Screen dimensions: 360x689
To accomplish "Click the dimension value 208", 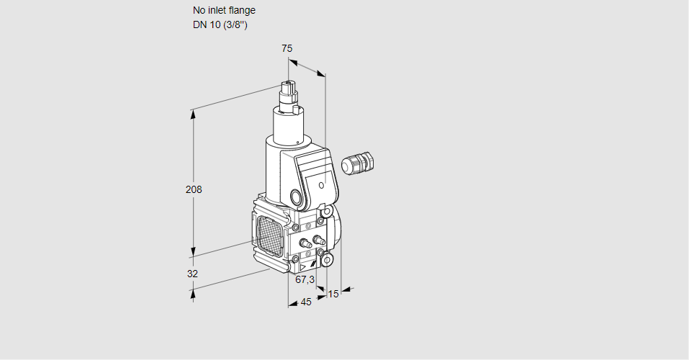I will coord(194,189).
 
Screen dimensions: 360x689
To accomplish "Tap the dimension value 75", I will coord(287,48).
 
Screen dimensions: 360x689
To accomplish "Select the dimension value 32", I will coord(192,274).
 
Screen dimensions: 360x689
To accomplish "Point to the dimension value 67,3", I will coord(305,279).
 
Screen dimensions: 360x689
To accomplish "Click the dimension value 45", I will coord(306,302).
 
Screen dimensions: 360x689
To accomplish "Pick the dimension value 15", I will coord(333,294).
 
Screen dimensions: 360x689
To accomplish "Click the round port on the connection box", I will coord(296,197).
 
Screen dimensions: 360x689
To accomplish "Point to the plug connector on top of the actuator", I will coord(289,91).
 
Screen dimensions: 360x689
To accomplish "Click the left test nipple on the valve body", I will coord(302,242).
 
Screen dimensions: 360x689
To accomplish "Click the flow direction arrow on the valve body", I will coord(313,266).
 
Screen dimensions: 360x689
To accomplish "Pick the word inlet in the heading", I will coord(217,10).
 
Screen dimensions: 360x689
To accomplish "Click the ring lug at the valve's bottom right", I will coord(327,258).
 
